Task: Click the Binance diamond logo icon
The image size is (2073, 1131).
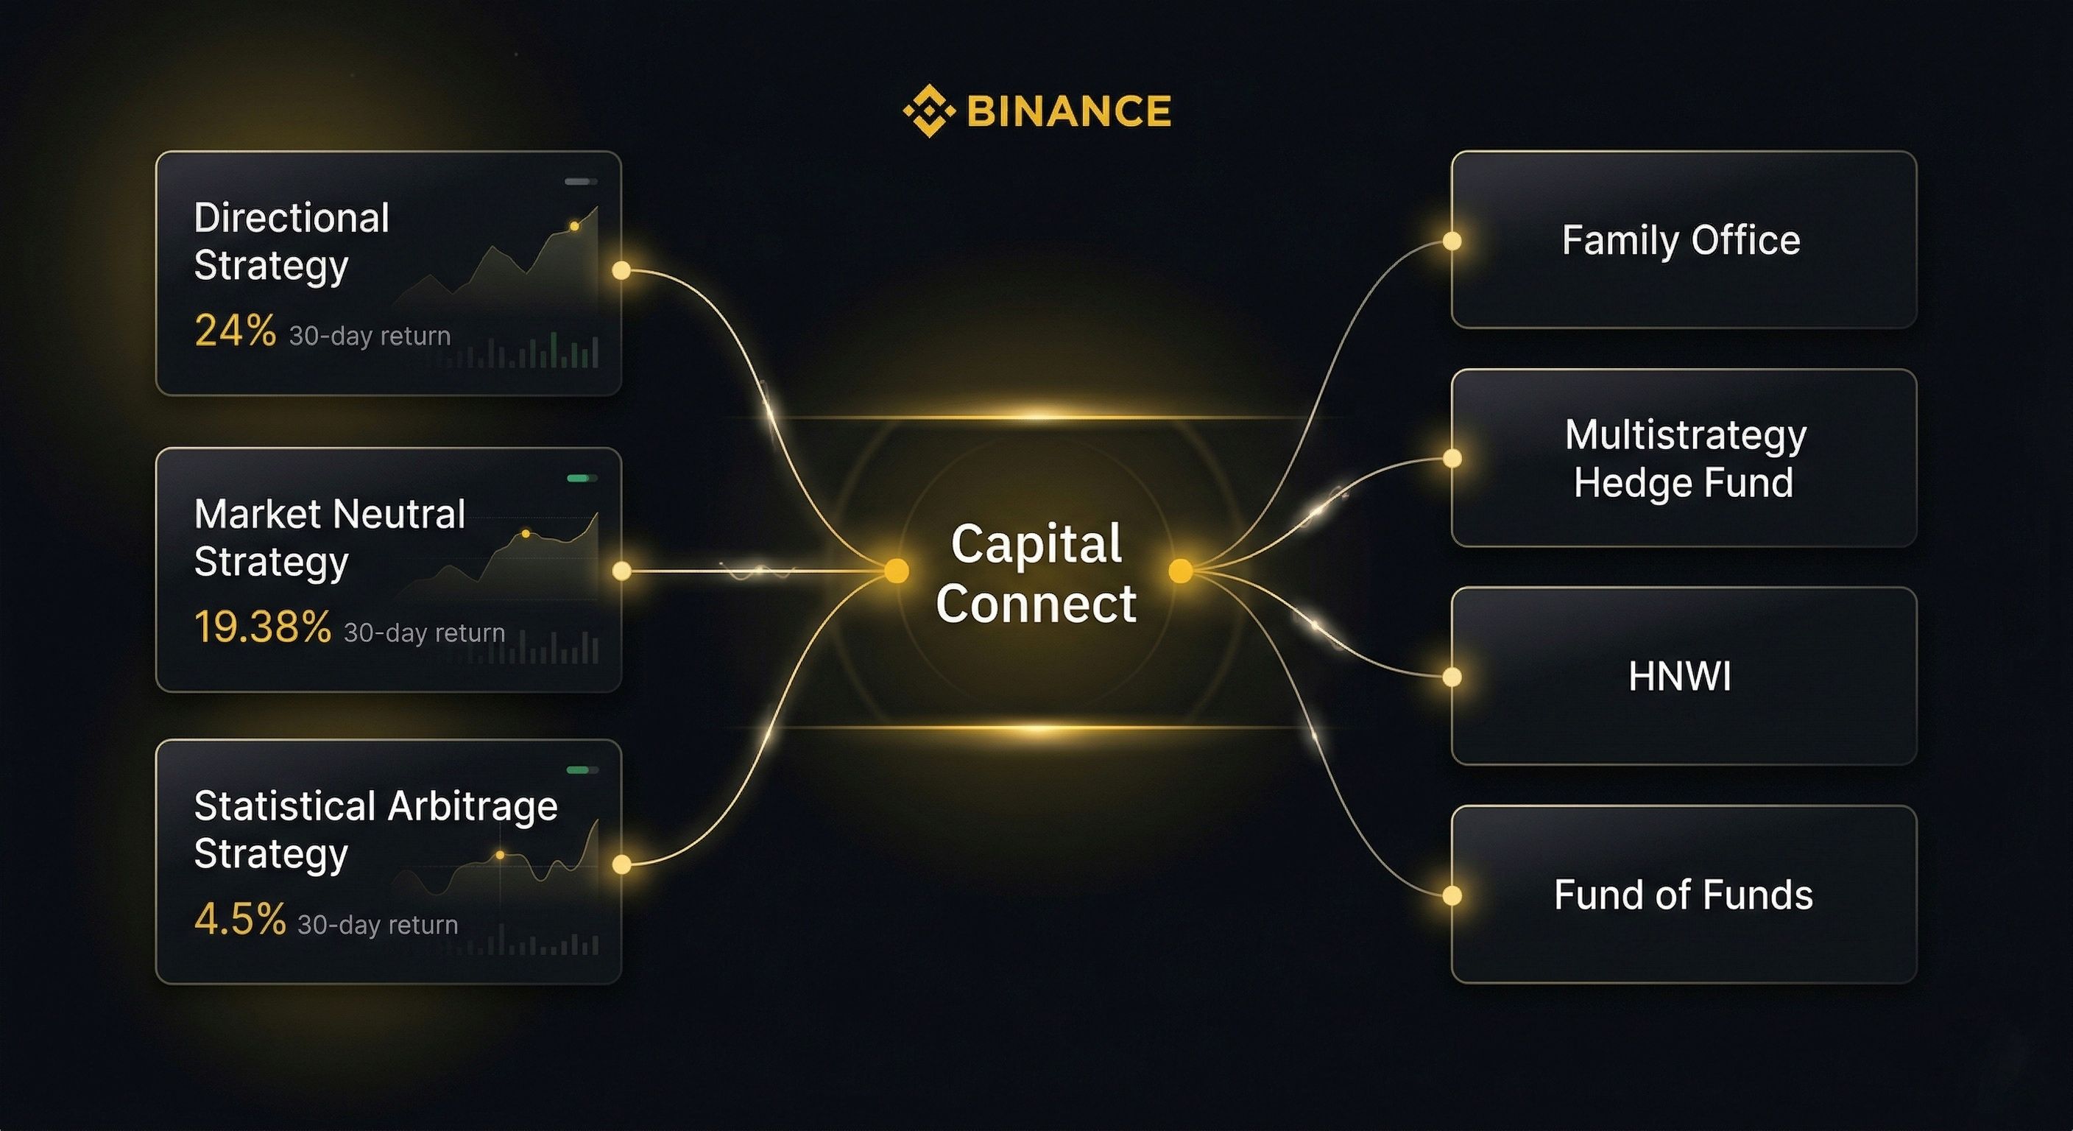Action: click(929, 110)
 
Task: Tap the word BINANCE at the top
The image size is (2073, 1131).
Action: click(1069, 111)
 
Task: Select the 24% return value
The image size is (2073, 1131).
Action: click(235, 331)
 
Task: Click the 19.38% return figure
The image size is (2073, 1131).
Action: click(262, 627)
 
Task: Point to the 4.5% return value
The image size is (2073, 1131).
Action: click(240, 919)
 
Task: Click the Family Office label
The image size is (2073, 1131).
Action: click(1681, 241)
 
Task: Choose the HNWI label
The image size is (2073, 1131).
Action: click(1679, 676)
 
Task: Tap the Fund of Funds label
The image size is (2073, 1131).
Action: click(1683, 895)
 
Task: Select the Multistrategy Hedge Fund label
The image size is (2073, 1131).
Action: click(1684, 459)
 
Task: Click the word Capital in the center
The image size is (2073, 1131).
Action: click(1036, 544)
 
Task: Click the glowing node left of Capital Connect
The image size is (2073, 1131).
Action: click(896, 571)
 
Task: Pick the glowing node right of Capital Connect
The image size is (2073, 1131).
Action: click(1181, 571)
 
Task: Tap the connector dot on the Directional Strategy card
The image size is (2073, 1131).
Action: click(621, 270)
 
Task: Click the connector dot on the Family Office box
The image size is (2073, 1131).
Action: click(1452, 241)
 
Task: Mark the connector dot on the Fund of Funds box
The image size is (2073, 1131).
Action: click(1452, 895)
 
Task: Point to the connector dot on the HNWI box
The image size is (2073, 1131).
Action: click(1452, 677)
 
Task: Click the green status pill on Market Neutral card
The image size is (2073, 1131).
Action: click(578, 478)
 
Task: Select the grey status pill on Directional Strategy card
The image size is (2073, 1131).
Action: click(578, 182)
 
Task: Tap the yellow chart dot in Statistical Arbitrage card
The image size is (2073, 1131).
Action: click(500, 855)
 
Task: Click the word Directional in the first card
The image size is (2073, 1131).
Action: click(292, 218)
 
